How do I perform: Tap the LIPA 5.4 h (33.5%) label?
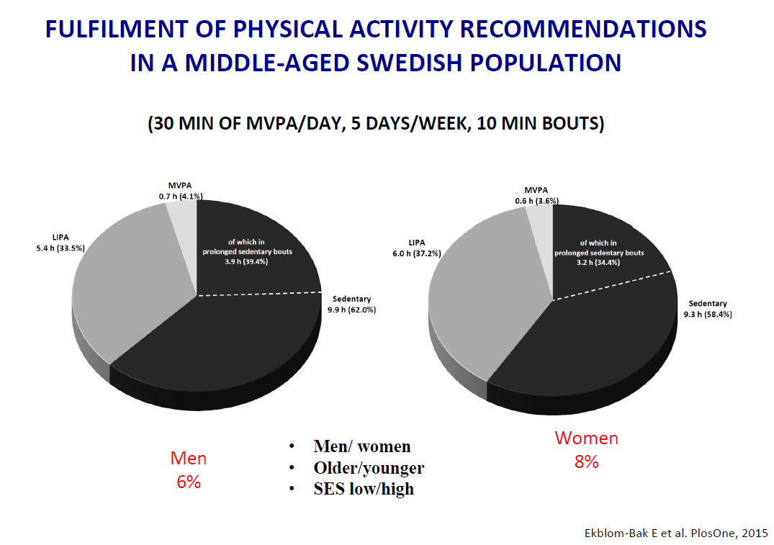pos(60,243)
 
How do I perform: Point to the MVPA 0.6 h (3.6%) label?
pos(536,196)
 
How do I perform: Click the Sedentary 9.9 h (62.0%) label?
pos(352,305)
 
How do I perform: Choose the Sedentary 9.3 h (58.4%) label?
pos(708,309)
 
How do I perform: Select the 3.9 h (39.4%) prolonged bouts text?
pos(246,261)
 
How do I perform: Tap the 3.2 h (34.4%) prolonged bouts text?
pos(598,263)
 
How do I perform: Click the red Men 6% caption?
pos(189,470)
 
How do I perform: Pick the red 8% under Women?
pos(586,462)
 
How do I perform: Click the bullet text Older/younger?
pos(369,467)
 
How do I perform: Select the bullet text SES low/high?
pos(364,489)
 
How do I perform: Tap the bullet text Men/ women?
pos(362,446)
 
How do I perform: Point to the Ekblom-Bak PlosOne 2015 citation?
pos(676,533)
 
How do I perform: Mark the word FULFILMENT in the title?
pos(117,29)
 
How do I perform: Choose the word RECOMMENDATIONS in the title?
pos(583,29)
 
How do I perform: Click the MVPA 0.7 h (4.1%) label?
pos(180,191)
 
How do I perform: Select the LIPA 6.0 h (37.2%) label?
pos(417,248)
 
